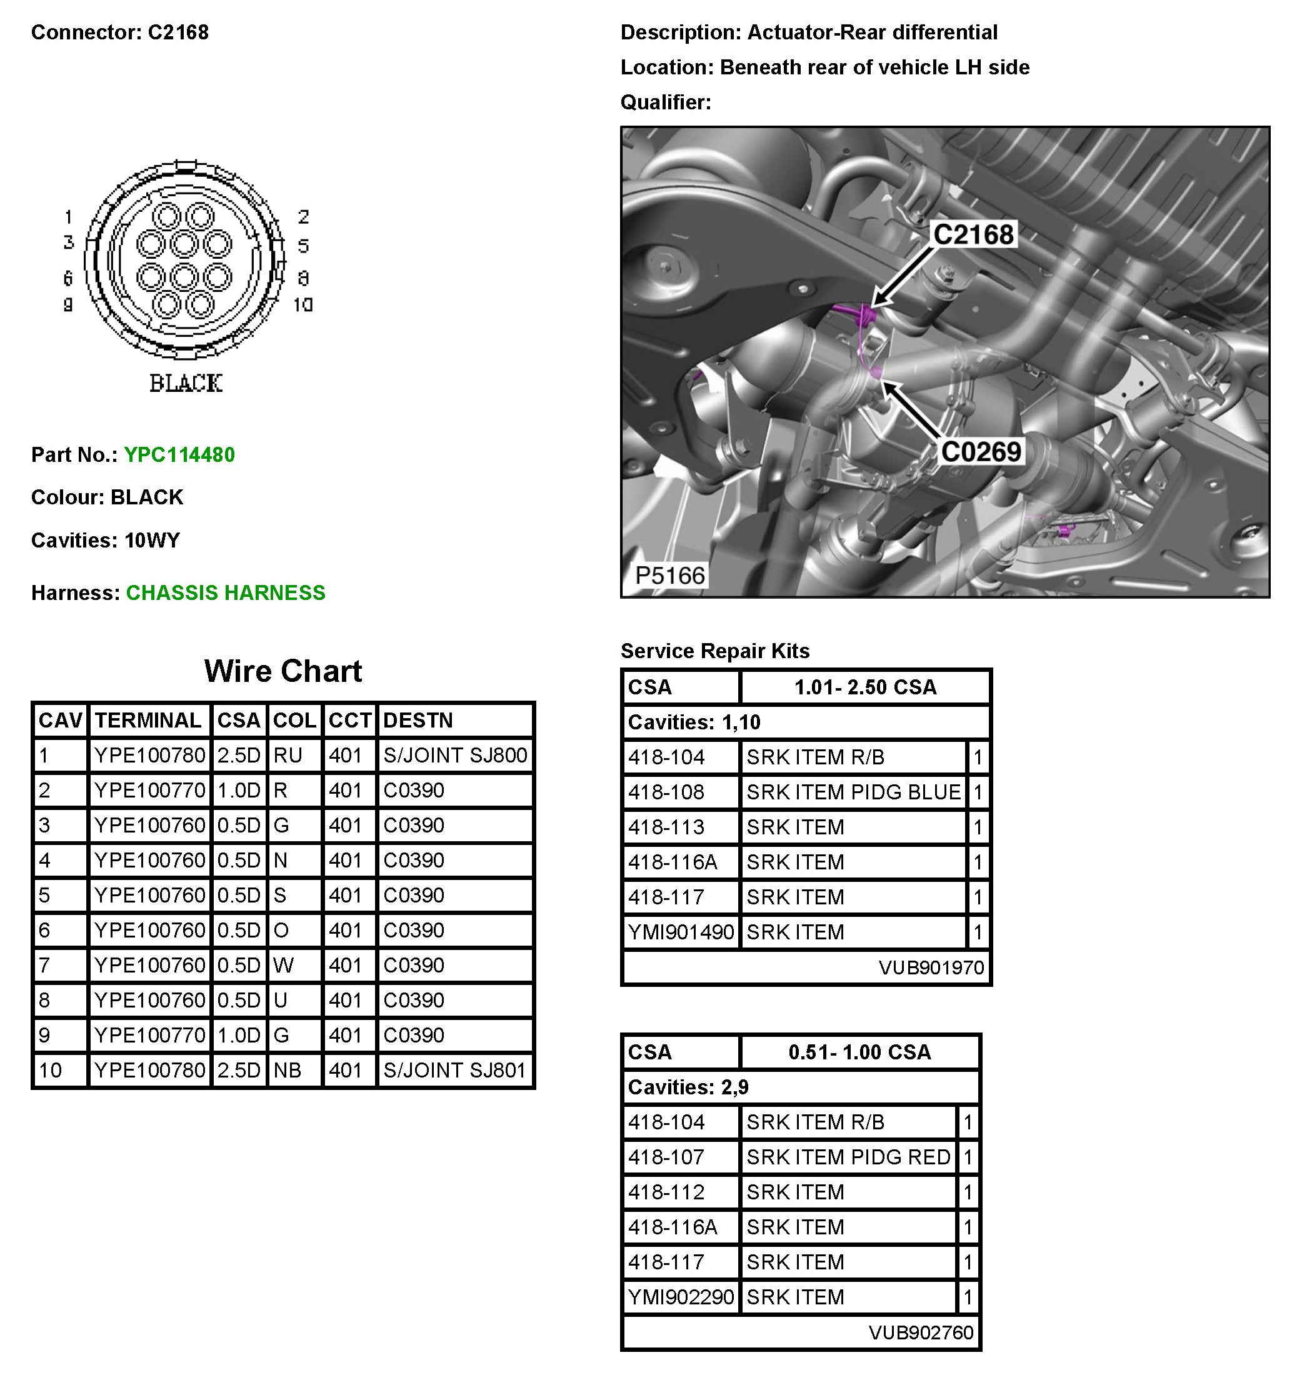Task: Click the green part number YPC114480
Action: (x=179, y=455)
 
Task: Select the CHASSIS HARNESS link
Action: (x=226, y=593)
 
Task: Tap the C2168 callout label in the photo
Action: (x=973, y=235)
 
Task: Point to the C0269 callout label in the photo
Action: (x=981, y=452)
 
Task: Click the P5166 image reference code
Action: (x=669, y=576)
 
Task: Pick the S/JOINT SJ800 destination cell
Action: (x=455, y=755)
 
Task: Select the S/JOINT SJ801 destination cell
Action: (x=455, y=1071)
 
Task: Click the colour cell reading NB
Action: (x=288, y=1071)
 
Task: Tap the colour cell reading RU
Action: (x=288, y=755)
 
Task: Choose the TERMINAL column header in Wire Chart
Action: (x=148, y=721)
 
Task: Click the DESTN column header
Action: (x=418, y=721)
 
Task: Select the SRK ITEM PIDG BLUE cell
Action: (x=853, y=792)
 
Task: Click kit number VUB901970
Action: (x=931, y=967)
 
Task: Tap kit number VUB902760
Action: (x=921, y=1332)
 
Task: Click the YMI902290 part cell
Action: (x=681, y=1297)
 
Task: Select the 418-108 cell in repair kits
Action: (x=666, y=792)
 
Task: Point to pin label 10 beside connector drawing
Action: (x=303, y=305)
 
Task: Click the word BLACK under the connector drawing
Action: (x=186, y=383)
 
